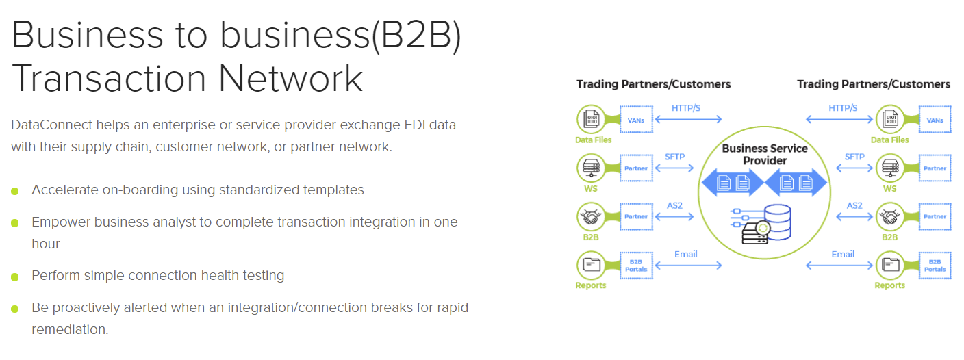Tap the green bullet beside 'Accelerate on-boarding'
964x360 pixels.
(15, 191)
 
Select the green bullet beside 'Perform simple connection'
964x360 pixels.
(15, 277)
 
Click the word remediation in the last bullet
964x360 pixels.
(70, 329)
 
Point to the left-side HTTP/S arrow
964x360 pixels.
(688, 119)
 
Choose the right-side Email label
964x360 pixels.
(843, 254)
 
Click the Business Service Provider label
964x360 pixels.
(765, 154)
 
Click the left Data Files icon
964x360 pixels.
(590, 119)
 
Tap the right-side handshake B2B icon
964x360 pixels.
(889, 217)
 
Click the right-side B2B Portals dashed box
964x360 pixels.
(935, 265)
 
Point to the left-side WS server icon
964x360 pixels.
(590, 168)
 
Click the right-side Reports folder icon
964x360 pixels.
(889, 265)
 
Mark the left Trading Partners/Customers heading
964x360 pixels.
(653, 84)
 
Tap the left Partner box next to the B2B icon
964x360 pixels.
(635, 217)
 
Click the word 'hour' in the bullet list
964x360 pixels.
(46, 244)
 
